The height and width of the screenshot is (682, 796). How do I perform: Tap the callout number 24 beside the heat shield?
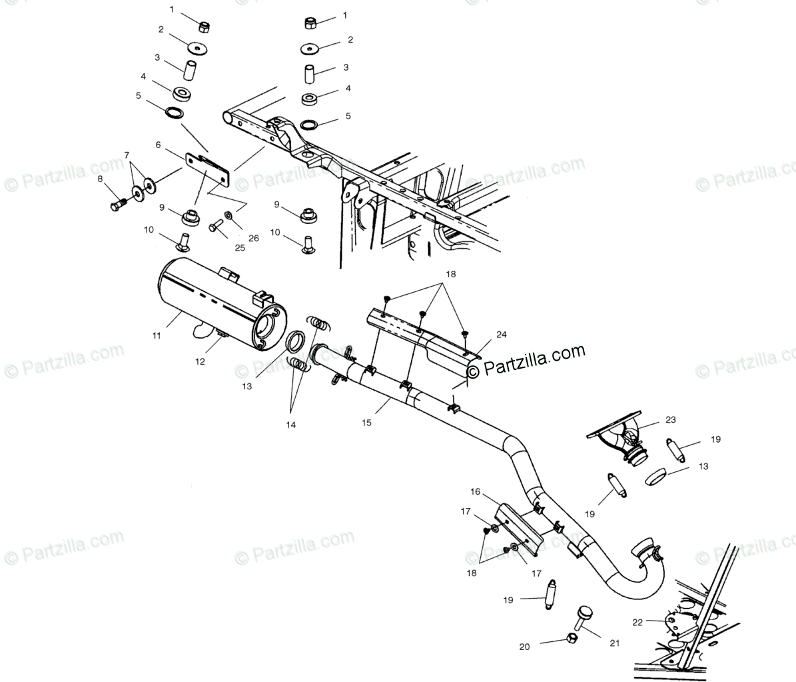tap(501, 334)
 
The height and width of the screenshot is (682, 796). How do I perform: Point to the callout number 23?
tap(669, 420)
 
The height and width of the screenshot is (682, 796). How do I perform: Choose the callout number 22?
tap(637, 622)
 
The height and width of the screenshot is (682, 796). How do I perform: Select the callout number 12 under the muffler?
tap(200, 361)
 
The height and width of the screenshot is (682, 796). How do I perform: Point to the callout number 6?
tap(158, 145)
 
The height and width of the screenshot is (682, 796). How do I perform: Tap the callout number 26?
tap(253, 239)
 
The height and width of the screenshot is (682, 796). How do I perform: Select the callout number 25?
tap(240, 247)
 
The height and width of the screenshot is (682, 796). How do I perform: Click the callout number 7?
tap(127, 155)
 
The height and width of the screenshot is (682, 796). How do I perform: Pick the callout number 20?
tap(525, 646)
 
